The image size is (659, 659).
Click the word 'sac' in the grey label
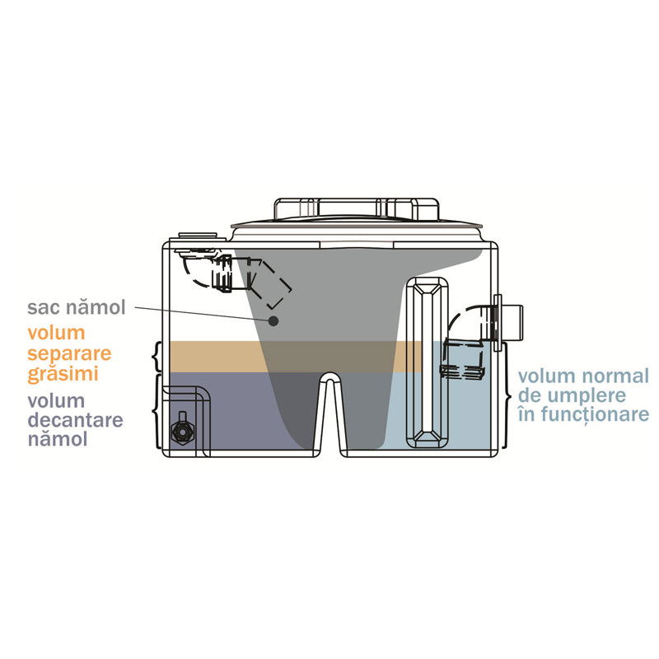pyautogui.click(x=43, y=307)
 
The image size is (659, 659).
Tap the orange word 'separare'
pyautogui.click(x=69, y=354)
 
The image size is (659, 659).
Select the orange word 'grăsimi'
pyautogui.click(x=63, y=374)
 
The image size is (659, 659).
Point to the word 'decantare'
pyautogui.click(x=76, y=420)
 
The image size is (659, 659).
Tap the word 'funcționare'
pyautogui.click(x=595, y=414)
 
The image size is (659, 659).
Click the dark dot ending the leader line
pyautogui.click(x=273, y=321)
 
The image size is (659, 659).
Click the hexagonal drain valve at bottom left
pyautogui.click(x=183, y=431)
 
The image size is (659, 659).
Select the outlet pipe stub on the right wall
pyautogui.click(x=510, y=323)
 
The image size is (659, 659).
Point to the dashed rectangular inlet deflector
pyautogui.click(x=271, y=283)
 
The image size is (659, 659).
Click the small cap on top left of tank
pyautogui.click(x=198, y=236)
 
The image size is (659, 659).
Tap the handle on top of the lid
pyautogui.click(x=357, y=209)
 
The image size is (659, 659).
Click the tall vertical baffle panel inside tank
pyautogui.click(x=427, y=362)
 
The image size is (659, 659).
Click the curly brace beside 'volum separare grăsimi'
pyautogui.click(x=157, y=357)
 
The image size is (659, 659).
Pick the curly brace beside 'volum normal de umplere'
pyautogui.click(x=507, y=396)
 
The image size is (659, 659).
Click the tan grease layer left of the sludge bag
pyautogui.click(x=215, y=357)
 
